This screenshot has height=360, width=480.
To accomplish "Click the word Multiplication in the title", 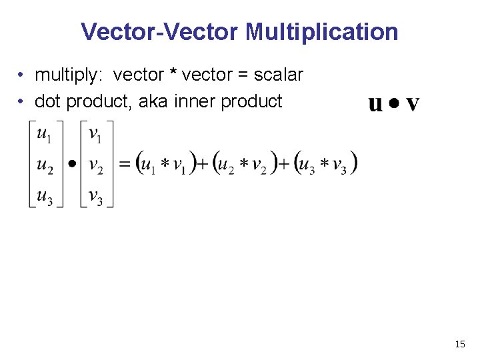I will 322,31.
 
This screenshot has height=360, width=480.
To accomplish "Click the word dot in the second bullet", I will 47,101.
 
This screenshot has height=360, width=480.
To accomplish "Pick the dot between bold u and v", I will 394,104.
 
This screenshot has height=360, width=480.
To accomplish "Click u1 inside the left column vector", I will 45,135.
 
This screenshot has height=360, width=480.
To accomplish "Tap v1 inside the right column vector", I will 95,135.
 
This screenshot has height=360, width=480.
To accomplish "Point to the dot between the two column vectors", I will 72,163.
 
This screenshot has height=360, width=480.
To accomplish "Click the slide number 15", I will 459,344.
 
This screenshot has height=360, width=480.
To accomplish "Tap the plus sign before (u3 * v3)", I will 285,163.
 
